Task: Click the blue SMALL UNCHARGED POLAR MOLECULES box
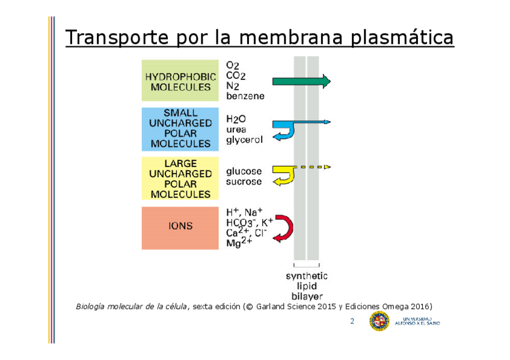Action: (x=180, y=128)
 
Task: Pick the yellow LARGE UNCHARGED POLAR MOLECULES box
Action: (x=180, y=178)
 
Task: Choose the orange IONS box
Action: (x=180, y=227)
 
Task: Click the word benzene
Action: (x=245, y=96)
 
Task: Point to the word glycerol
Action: (x=244, y=140)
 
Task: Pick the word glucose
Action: (x=244, y=171)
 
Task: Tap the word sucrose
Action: (x=244, y=182)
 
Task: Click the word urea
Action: (x=236, y=129)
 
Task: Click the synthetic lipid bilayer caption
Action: (x=307, y=286)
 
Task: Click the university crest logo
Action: (x=379, y=322)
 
